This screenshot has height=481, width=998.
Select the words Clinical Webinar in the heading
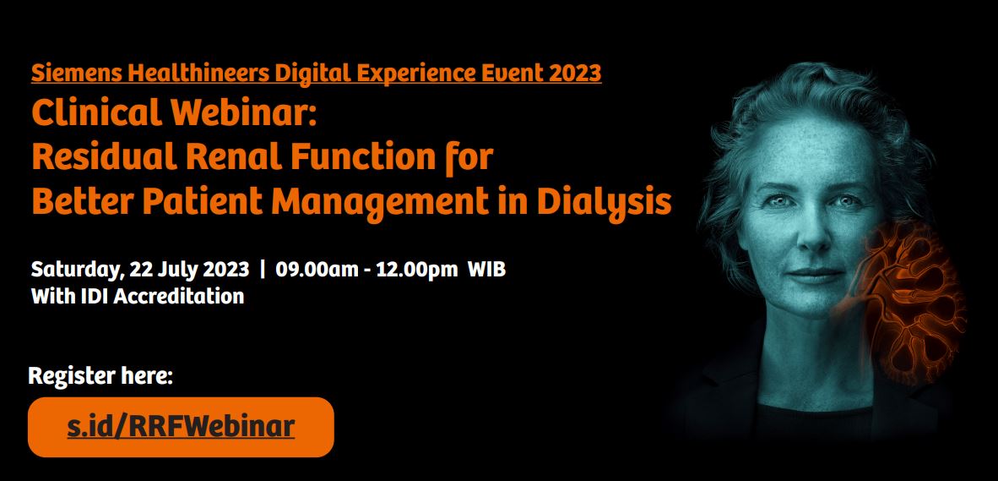click(x=174, y=113)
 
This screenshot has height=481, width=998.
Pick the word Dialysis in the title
click(x=604, y=203)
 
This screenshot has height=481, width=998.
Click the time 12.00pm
click(x=417, y=271)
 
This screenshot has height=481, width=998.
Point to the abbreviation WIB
click(x=487, y=270)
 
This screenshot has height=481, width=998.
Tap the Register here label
click(x=100, y=376)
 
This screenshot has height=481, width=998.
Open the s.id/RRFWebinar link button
click(x=181, y=427)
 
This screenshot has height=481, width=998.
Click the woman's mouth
click(x=816, y=275)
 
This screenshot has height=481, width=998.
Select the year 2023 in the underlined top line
click(x=575, y=74)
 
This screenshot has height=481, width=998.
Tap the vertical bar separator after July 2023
click(x=263, y=271)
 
